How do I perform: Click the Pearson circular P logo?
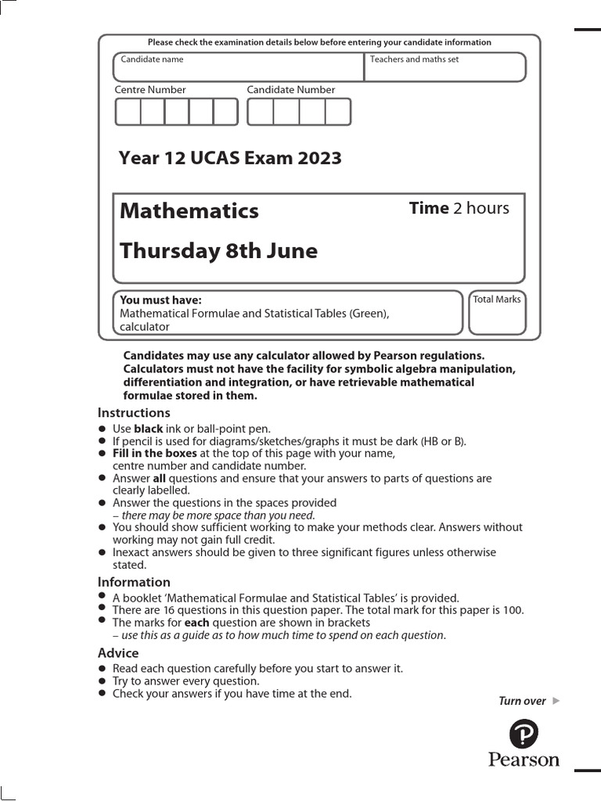[x=524, y=735]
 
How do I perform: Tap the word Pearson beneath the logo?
[x=524, y=760]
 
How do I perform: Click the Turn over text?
[x=522, y=701]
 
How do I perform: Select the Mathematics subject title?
[x=189, y=210]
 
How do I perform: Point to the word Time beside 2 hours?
[x=429, y=208]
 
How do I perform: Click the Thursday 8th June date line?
[x=218, y=251]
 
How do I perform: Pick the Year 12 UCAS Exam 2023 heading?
[x=230, y=158]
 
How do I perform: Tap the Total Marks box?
[x=497, y=312]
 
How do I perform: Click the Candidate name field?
[x=239, y=67]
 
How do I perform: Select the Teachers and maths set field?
[x=445, y=67]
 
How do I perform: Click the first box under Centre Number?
[x=128, y=112]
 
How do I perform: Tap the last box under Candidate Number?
[x=338, y=112]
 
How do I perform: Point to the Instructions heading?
[x=134, y=412]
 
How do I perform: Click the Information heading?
[x=134, y=582]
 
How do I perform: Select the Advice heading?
[x=118, y=652]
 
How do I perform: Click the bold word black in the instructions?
[x=148, y=429]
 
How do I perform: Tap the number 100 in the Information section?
[x=513, y=610]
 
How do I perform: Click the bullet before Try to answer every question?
[x=102, y=681]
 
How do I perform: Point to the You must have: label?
[x=160, y=300]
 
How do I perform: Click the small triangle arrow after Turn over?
[x=556, y=701]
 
